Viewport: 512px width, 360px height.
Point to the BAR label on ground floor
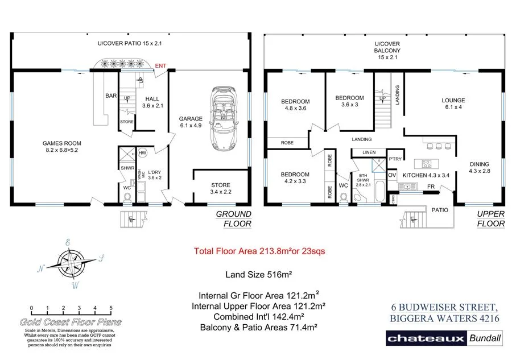[111, 96]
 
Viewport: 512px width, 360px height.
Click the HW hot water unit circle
[142, 152]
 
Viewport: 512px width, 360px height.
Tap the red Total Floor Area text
[259, 251]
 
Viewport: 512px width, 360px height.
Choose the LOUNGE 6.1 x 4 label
[453, 105]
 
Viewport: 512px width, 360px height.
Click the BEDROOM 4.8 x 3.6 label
[295, 105]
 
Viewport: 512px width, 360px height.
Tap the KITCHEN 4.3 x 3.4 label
[426, 175]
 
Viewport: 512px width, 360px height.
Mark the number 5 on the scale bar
[111, 308]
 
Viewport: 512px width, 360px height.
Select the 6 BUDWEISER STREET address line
[444, 307]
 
